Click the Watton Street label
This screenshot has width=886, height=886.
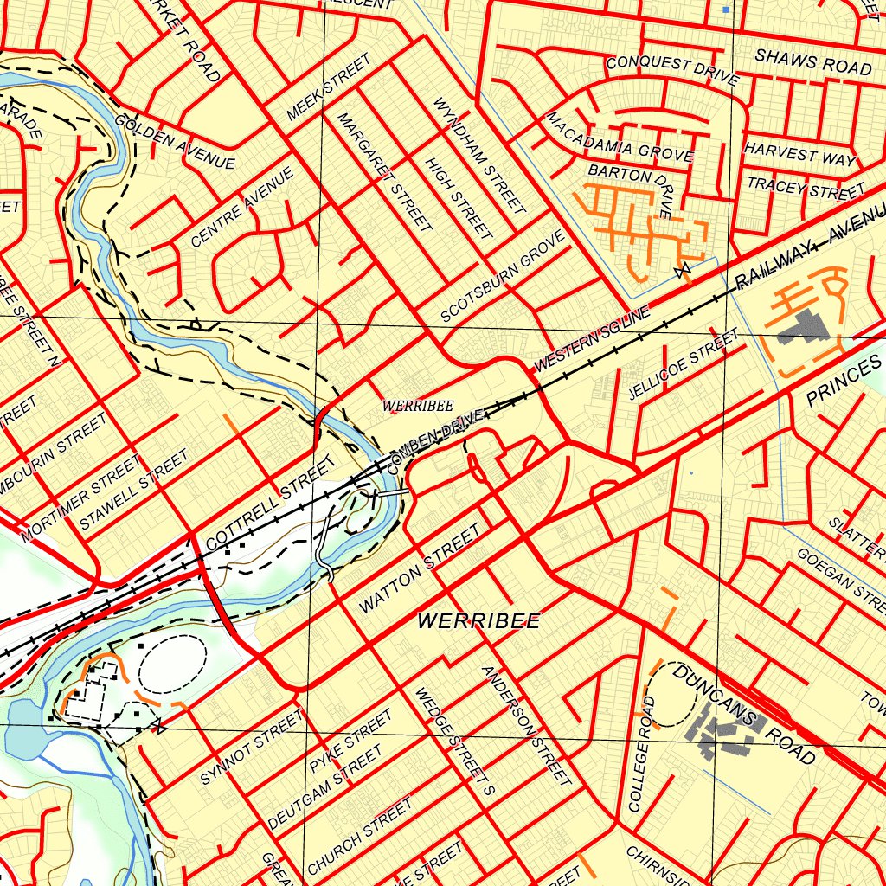pos(418,572)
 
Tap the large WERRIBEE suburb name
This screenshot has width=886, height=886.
pos(478,620)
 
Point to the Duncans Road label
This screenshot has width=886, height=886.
pos(744,715)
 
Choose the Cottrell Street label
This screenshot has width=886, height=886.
pos(269,504)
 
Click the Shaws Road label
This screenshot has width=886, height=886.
pos(812,61)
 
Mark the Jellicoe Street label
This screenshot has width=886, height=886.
pos(684,364)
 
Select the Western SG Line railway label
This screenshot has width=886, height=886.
pos(590,343)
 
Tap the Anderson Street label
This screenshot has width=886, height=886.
pos(526,725)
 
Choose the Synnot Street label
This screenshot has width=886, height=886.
pos(252,747)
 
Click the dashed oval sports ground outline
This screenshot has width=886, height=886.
pos(171,664)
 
